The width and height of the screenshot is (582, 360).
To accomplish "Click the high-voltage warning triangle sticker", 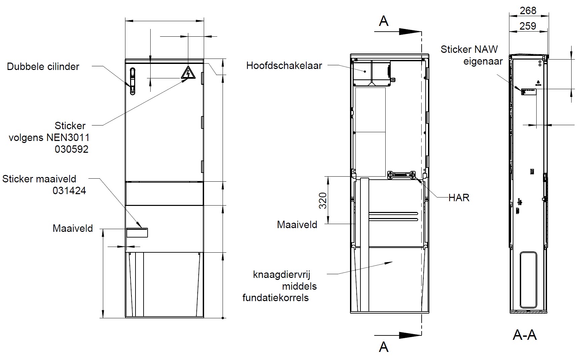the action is point(188,73).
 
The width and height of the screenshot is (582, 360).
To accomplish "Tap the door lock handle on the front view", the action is point(133,81).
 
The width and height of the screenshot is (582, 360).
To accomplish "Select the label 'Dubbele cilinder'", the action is point(43,67).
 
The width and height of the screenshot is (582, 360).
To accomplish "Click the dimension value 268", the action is point(528,11).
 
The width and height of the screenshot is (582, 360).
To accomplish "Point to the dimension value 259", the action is point(528,26).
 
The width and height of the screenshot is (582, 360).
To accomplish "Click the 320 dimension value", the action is point(323,201).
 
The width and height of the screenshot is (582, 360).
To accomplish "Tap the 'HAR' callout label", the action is point(459,198).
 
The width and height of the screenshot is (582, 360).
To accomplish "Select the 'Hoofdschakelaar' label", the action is point(284,66).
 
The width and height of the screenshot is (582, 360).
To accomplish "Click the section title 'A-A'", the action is point(525,335).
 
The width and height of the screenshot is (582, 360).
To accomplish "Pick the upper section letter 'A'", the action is point(384,21).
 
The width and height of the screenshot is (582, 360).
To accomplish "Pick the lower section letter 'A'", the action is point(384,347).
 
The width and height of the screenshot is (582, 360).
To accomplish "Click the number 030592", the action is point(72,149).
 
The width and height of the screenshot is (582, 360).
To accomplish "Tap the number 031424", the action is point(69,191).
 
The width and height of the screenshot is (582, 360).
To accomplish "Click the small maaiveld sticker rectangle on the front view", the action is point(137,232).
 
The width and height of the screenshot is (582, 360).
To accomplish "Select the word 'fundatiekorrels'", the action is point(276,298).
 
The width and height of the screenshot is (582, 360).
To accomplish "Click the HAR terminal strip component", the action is point(401,175).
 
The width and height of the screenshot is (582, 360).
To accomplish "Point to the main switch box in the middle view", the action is point(372,73).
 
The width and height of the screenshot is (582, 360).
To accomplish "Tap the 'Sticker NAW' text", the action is point(469,49).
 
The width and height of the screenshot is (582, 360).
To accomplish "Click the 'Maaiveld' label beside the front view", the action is point(73,228).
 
